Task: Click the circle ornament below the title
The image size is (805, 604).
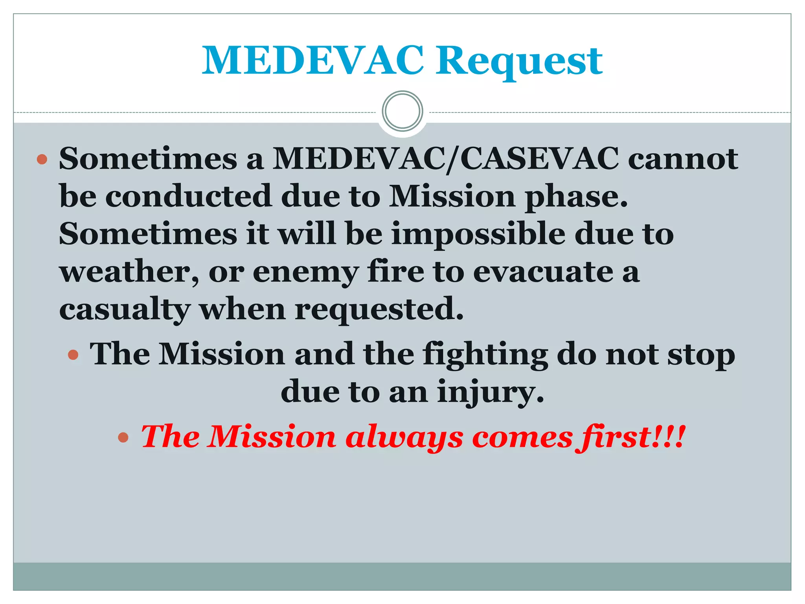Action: [402, 111]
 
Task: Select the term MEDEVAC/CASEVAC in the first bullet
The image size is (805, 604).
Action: [446, 159]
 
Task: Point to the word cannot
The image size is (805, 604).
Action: [683, 159]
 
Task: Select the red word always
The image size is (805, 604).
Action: [404, 438]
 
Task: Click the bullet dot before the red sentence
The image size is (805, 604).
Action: [123, 437]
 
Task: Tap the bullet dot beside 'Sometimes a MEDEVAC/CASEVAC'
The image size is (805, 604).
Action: [42, 159]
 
